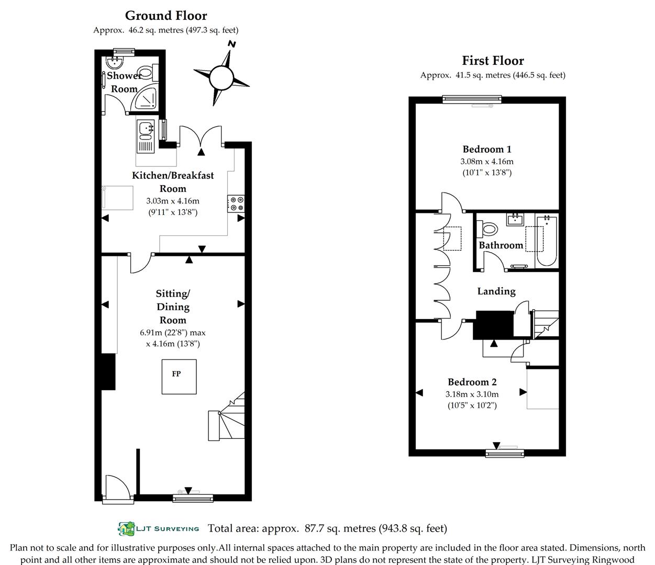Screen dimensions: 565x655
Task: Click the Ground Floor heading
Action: (166, 16)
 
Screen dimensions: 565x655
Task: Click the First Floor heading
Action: (493, 61)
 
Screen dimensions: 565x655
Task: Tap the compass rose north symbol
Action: (221, 78)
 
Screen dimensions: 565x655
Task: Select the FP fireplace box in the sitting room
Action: (179, 377)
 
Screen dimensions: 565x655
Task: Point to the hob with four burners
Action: (236, 204)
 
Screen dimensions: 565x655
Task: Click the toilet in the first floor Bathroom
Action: (489, 229)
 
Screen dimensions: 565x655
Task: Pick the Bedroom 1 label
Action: (487, 149)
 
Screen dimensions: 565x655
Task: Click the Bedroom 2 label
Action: (472, 382)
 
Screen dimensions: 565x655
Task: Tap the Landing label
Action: (496, 291)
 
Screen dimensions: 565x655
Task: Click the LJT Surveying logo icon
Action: (126, 528)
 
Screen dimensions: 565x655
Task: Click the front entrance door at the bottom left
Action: (115, 489)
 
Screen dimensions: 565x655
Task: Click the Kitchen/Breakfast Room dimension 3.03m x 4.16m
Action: (173, 200)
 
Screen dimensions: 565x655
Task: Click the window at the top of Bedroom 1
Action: (472, 99)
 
